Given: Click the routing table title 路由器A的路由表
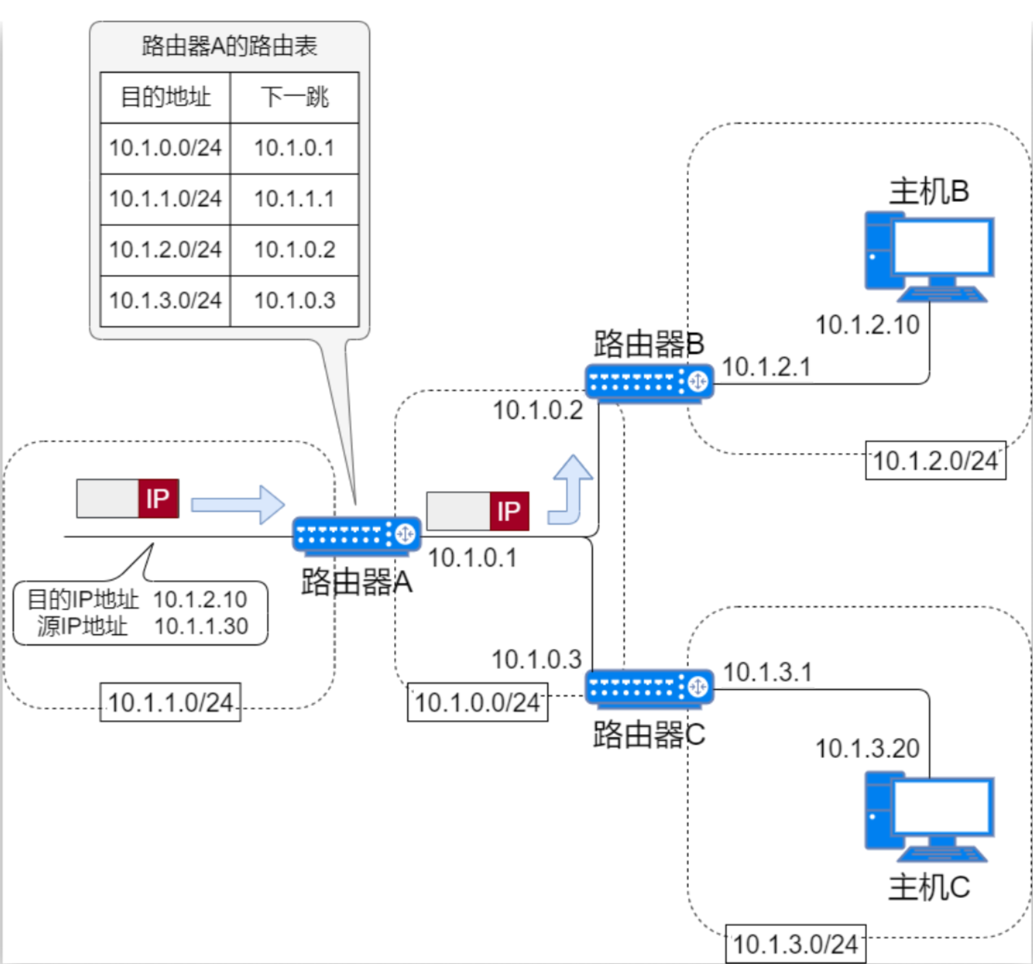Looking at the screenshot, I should click(x=229, y=46).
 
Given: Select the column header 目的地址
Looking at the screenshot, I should click(x=165, y=97).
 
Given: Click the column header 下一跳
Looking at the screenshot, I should click(x=295, y=97).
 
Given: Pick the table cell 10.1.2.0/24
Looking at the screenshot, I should click(x=165, y=249).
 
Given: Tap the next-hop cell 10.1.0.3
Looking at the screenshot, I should click(x=295, y=301).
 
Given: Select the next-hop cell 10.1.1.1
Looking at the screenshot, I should click(x=295, y=199).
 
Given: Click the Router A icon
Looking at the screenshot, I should click(x=356, y=535).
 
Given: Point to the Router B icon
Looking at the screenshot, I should click(x=649, y=382).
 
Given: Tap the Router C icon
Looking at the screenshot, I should click(x=649, y=687).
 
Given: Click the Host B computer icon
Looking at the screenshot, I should click(x=928, y=257).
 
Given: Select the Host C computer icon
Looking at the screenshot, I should click(x=928, y=817).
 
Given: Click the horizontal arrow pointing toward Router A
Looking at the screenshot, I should click(x=237, y=504).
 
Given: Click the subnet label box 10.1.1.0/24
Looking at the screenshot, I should click(x=170, y=702).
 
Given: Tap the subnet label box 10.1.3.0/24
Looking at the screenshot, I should click(x=795, y=944).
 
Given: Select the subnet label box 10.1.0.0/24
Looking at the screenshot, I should click(x=477, y=702).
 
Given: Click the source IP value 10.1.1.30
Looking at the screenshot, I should click(x=201, y=626).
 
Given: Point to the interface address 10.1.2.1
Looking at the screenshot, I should click(x=766, y=367).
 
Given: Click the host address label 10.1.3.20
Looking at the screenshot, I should click(x=867, y=749).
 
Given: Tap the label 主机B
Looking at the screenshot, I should click(x=928, y=191).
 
